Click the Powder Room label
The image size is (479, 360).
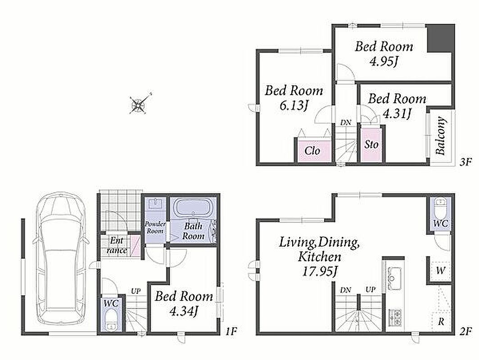pos(155,227)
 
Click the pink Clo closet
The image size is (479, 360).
pos(312,151)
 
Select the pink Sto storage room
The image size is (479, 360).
pos(371,145)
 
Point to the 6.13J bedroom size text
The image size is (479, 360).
pos(293,105)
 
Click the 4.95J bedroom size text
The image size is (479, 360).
pos(384,62)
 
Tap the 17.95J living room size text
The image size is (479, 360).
pos(320,271)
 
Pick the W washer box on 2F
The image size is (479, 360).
pos(440,270)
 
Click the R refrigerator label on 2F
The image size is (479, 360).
pos(441,322)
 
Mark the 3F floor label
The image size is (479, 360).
pos(466,162)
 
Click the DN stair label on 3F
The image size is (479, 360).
pos(346,123)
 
